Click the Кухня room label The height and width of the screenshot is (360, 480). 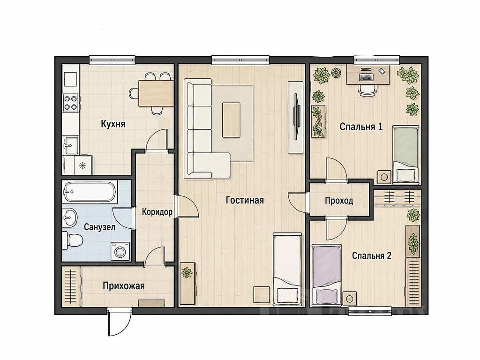click(113, 124)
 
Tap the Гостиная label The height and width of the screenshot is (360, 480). click(245, 200)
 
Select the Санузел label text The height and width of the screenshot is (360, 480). click(99, 227)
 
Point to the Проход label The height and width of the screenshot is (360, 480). click(339, 201)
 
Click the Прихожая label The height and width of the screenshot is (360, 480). click(123, 286)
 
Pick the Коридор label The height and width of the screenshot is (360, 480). click(157, 212)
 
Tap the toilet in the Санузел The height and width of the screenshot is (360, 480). click(72, 240)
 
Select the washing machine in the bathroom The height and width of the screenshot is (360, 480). click(120, 251)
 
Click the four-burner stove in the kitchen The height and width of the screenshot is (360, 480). click(70, 103)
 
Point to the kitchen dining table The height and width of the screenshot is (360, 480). click(156, 93)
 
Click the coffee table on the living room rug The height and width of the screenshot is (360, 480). click(231, 120)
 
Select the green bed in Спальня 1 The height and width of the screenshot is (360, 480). click(405, 155)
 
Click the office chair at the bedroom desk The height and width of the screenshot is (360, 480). click(367, 90)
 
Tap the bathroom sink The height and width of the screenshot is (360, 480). click(69, 217)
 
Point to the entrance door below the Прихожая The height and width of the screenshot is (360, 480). click(120, 322)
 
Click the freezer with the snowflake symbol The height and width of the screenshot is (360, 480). click(82, 165)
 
